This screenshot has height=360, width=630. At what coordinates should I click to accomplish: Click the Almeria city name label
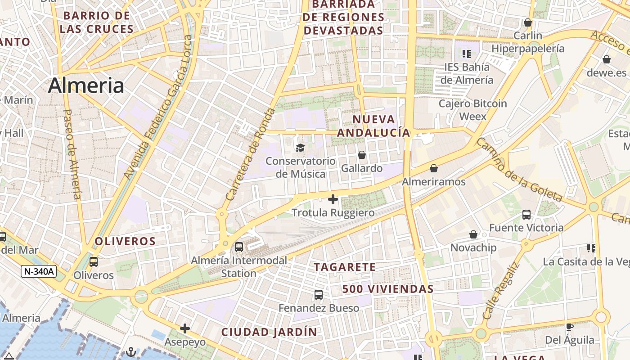[x=86, y=85]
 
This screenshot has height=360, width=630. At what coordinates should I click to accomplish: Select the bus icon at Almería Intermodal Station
[x=239, y=247]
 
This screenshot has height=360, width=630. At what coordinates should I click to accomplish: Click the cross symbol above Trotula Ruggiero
[x=333, y=199]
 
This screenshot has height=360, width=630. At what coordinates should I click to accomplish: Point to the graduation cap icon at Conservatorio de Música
[x=300, y=148]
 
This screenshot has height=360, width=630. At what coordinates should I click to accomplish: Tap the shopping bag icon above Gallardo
[x=362, y=155]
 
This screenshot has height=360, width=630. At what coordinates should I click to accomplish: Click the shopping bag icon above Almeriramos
[x=434, y=168]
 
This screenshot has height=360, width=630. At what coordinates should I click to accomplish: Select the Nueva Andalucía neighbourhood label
[x=373, y=126]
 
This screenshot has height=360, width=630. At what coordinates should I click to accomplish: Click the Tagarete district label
[x=345, y=267]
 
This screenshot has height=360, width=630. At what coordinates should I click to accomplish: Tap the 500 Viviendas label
[x=388, y=289]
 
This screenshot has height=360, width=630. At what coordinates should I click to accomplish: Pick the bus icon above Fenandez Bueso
[x=319, y=295]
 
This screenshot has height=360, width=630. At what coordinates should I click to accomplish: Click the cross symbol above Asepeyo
[x=184, y=328]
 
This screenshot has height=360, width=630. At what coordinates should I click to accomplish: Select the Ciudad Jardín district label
[x=269, y=332]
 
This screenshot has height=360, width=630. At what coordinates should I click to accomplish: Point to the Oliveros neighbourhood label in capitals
[x=125, y=241]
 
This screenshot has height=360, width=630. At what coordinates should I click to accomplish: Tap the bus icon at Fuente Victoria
[x=526, y=214]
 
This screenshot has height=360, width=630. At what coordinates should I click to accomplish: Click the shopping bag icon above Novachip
[x=473, y=234]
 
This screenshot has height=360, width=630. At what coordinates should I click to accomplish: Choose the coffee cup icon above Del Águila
[x=569, y=327]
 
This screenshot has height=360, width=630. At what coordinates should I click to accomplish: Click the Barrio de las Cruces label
[x=97, y=22]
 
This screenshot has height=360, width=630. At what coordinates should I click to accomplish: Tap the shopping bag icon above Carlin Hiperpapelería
[x=528, y=22]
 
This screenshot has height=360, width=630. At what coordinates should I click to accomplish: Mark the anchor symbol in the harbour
[x=131, y=351]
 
